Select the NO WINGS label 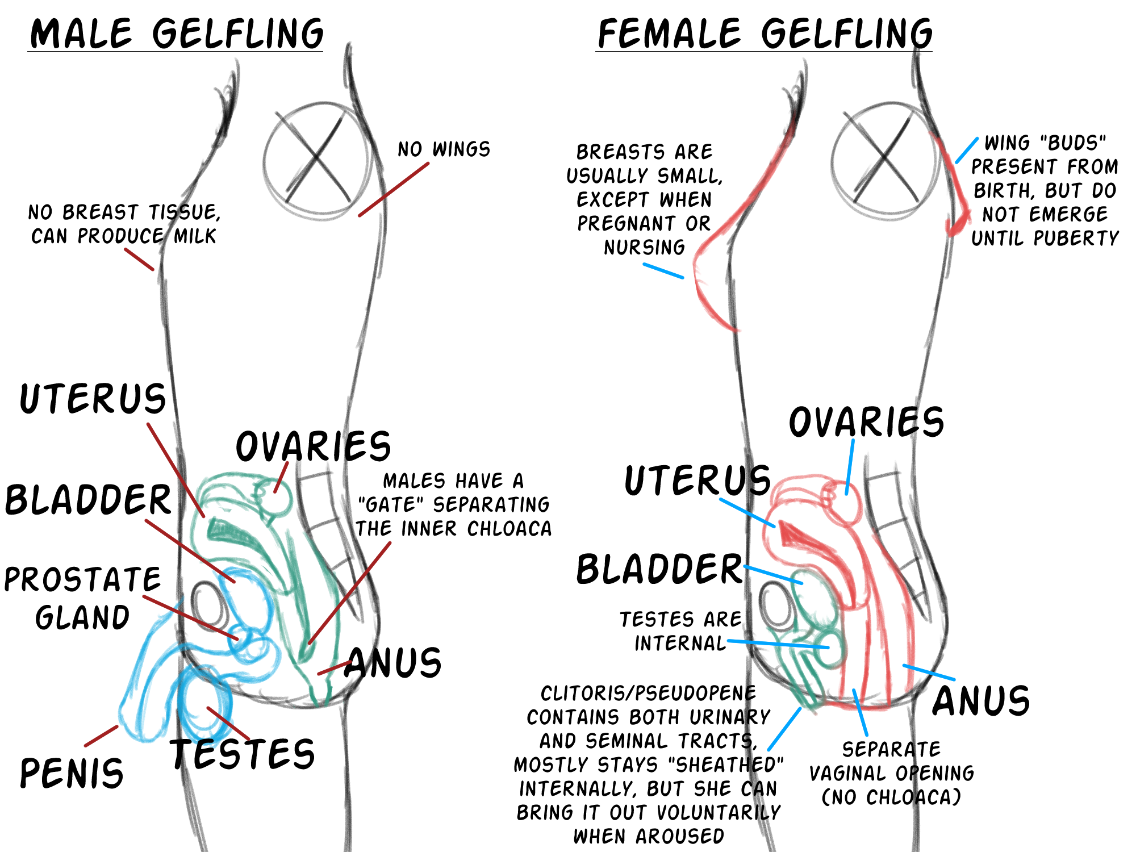coord(444,149)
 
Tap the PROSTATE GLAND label coord(82,598)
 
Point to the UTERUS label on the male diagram coord(93,399)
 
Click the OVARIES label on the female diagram coord(866,422)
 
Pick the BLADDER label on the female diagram coord(659,569)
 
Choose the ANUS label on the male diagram coord(393,663)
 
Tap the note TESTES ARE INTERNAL coord(680,631)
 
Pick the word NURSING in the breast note coord(644,248)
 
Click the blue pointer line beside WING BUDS coord(967,150)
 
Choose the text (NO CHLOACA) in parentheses coord(891,797)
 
